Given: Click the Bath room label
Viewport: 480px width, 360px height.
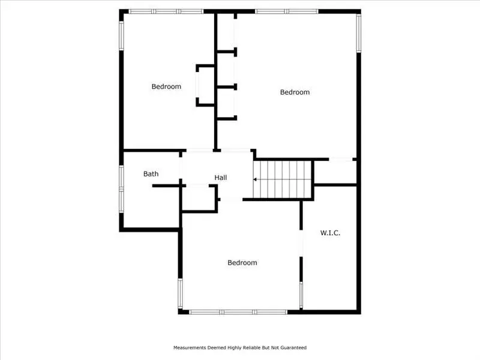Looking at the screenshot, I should click(x=151, y=174).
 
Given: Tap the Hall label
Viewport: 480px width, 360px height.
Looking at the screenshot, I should click(x=221, y=178).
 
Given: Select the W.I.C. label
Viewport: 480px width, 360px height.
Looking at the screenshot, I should click(x=330, y=232).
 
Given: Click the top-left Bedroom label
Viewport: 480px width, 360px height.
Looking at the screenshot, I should click(x=166, y=86).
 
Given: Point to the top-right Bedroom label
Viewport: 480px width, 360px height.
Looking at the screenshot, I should click(x=295, y=92).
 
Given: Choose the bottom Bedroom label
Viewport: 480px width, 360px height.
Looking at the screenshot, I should click(x=242, y=263).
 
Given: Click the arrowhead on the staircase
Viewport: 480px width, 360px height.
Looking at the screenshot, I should click(x=256, y=179).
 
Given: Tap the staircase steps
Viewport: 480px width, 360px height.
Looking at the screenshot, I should click(x=283, y=179).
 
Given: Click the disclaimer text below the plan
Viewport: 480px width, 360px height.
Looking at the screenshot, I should click(x=239, y=347).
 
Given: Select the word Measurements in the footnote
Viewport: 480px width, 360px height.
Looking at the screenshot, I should click(x=190, y=347).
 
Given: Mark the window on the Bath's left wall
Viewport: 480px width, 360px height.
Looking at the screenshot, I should click(x=121, y=188).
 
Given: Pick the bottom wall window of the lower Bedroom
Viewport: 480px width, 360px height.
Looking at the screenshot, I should click(x=238, y=312).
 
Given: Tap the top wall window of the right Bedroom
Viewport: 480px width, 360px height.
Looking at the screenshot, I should click(x=286, y=11).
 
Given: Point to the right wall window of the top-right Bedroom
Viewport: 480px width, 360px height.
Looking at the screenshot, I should click(x=359, y=33).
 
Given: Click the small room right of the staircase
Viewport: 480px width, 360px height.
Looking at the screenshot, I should click(x=335, y=172).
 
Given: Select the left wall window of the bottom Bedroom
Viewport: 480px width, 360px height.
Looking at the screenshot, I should click(x=180, y=293).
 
